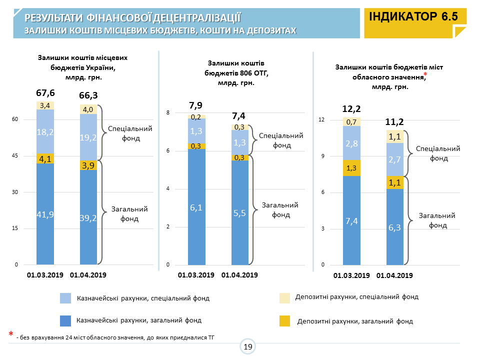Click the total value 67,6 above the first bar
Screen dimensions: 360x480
click(45, 93)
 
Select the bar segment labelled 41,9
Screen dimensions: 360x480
click(45, 214)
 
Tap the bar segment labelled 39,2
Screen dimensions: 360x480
click(88, 217)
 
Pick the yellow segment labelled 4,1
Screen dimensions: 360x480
click(45, 159)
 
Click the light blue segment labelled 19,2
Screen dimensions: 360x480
click(88, 137)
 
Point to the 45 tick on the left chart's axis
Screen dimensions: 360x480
click(15, 156)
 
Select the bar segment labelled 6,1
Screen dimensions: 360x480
click(196, 207)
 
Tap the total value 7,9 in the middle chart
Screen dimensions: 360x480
click(196, 105)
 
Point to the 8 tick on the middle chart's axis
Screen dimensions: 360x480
click(168, 113)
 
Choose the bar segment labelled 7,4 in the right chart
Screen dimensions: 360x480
click(351, 220)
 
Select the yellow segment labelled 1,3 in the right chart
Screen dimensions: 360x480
click(351, 168)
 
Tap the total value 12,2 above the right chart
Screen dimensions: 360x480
click(351, 109)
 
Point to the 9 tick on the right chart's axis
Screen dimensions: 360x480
click(322, 156)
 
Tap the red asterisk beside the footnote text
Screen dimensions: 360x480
click(10, 334)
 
